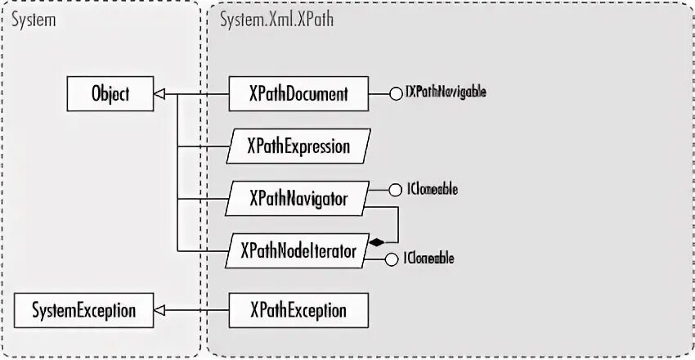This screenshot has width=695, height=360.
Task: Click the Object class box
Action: [110, 94]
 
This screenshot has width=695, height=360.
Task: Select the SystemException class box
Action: [83, 311]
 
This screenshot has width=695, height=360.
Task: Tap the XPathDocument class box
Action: [298, 94]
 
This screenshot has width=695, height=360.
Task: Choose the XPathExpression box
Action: [298, 146]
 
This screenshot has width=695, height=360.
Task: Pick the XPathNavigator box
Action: [298, 199]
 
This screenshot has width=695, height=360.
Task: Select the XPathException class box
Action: [298, 311]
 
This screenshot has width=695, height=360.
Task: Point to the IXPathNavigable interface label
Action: [446, 92]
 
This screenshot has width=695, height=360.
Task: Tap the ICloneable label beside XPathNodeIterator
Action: [430, 259]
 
